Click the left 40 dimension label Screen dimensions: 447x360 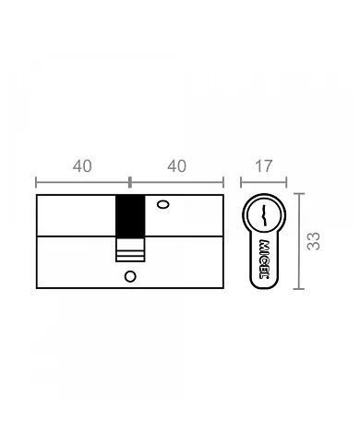(82, 166)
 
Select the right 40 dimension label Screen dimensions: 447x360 (177, 166)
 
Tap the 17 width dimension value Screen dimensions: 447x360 (263, 166)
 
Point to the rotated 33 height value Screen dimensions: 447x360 (314, 241)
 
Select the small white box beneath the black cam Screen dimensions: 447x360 (129, 249)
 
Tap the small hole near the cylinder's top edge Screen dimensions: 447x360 (162, 205)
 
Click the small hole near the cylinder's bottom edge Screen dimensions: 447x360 (129, 276)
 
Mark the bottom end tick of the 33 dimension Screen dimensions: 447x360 (298, 288)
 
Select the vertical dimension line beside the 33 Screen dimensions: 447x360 (298, 241)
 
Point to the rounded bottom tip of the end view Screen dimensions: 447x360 (264, 286)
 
